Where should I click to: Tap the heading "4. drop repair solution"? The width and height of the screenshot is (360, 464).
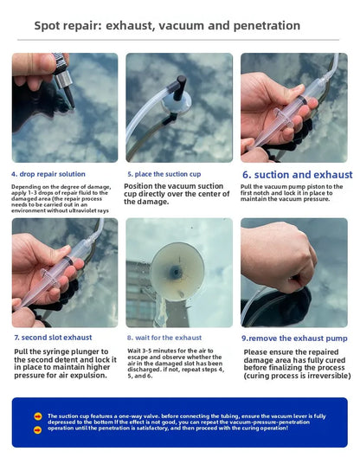pyautogui.click(x=48, y=173)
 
